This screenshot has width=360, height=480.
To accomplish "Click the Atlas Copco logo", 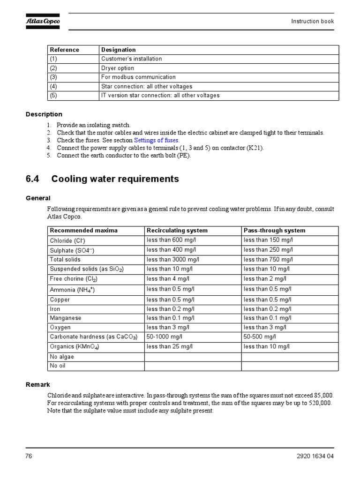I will point(43,21).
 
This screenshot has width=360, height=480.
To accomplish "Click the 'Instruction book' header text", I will point(312,21).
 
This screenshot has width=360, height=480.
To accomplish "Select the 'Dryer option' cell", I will point(118,68).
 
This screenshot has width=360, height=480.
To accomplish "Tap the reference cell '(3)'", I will point(53,77).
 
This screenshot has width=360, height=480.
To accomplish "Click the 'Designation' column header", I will point(119,50).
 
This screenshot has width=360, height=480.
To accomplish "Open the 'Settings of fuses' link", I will point(157,140).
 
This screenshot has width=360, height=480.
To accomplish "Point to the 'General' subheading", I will point(38,198).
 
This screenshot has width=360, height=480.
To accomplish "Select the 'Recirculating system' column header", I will point(177,231).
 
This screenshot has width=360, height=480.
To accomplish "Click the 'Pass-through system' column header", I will point(274,231).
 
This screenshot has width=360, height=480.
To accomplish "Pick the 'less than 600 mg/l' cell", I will point(170,240).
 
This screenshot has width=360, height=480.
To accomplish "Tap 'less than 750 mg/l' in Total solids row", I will point(268,259).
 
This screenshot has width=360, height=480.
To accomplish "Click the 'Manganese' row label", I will point(66,318).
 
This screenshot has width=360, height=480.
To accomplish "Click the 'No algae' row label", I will point(62,357).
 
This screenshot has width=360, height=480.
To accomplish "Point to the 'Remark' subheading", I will point(37,384).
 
